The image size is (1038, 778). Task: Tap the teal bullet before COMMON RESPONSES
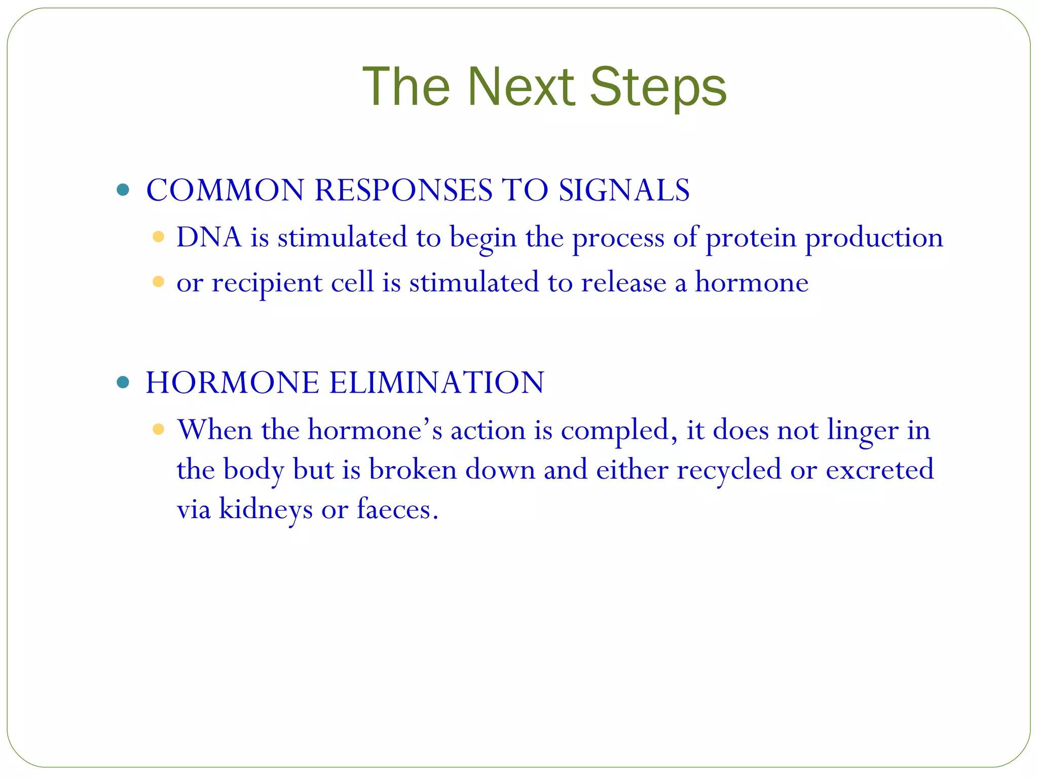coord(123,190)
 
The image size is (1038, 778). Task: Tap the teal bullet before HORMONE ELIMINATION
coord(123,382)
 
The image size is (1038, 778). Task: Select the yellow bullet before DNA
coord(158,237)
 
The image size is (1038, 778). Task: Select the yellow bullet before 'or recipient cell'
coord(158,282)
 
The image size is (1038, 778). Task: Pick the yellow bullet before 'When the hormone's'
coord(158,430)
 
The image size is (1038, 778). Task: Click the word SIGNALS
coord(624,190)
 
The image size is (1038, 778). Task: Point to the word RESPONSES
coord(403,190)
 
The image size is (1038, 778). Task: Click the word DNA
coord(209,237)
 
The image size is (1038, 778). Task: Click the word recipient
coord(267,283)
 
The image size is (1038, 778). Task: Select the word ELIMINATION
coord(436,382)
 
